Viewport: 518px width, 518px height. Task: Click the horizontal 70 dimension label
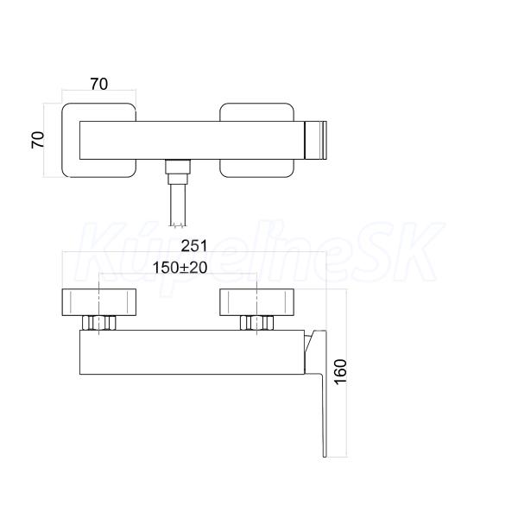[x=99, y=84]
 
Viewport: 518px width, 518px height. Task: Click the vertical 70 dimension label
[x=37, y=140]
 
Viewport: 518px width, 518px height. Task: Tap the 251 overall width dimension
[x=194, y=246]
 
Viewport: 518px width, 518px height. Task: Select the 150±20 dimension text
[x=180, y=268]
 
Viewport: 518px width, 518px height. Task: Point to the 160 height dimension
[x=341, y=371]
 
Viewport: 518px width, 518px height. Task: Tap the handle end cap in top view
[x=315, y=141]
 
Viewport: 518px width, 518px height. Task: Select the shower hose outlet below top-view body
[x=178, y=172]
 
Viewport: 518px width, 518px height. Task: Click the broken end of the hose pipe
[x=178, y=225]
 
